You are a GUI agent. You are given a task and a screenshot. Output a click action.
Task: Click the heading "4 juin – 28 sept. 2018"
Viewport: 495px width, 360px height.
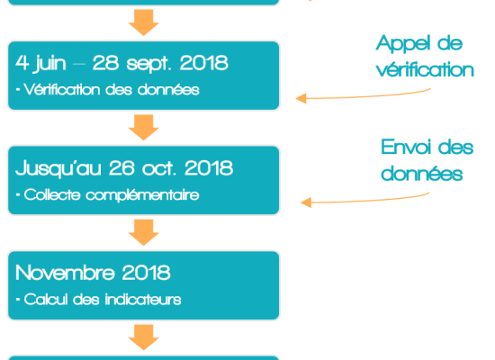click(x=121, y=63)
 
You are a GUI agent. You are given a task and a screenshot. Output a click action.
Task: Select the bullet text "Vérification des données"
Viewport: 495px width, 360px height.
click(x=112, y=90)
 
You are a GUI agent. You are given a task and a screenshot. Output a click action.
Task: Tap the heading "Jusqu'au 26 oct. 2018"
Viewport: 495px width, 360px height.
click(x=124, y=168)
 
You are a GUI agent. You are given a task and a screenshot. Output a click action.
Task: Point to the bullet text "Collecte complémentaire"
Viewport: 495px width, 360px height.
click(x=112, y=194)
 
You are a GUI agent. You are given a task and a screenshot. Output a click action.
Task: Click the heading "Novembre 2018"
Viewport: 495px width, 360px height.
click(x=93, y=273)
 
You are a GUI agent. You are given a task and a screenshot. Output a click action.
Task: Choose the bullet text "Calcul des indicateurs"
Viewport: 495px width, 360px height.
click(x=103, y=300)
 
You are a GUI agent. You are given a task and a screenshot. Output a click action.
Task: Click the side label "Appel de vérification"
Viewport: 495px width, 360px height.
click(x=425, y=56)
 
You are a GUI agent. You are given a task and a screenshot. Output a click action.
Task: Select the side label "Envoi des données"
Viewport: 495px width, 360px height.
click(x=427, y=160)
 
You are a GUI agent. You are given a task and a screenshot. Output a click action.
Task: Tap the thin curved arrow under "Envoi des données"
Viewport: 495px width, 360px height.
click(x=364, y=200)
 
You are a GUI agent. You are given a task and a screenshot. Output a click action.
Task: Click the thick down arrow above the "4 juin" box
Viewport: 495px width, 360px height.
click(x=144, y=22)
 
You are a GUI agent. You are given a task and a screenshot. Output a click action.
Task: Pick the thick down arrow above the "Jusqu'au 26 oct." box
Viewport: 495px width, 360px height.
click(x=144, y=128)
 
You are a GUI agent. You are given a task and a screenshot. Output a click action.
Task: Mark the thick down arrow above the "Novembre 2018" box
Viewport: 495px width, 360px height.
click(x=144, y=232)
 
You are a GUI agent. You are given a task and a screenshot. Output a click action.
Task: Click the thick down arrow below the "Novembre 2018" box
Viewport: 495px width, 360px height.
click(x=144, y=337)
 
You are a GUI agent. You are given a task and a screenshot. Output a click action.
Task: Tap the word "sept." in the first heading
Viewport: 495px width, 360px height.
click(x=149, y=64)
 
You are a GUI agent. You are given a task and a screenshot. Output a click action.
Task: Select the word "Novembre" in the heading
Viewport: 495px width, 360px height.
click(x=65, y=273)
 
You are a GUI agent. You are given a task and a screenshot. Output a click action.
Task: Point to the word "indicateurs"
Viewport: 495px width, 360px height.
click(x=143, y=300)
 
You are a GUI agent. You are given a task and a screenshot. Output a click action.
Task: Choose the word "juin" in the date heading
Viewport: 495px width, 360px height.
click(x=49, y=64)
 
